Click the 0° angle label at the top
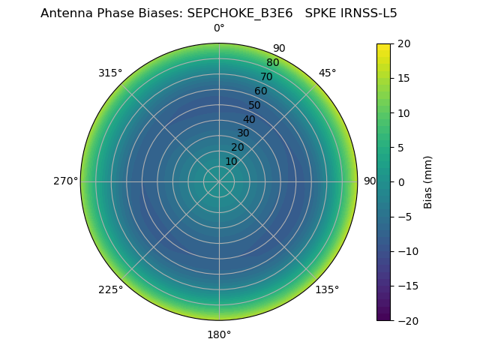219,28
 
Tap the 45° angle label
328,73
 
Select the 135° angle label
327,289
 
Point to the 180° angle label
219,334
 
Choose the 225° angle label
110,289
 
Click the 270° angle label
66,181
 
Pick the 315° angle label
110,73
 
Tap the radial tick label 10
231,161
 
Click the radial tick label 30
243,133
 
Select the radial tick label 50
254,105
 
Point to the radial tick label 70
266,76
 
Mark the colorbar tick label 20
403,43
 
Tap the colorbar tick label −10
407,251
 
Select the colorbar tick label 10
403,112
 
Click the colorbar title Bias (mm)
428,182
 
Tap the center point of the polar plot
219,181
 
